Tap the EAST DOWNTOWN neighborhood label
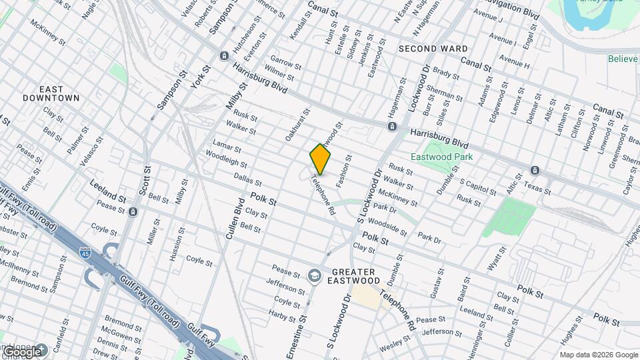[x=60, y=93]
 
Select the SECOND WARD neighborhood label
[x=433, y=49]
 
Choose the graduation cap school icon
[x=314, y=275]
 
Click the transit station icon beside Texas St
[x=534, y=170]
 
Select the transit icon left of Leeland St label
[x=133, y=212]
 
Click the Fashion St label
[x=343, y=171]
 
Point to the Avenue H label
[x=514, y=65]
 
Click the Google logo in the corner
[x=22, y=351]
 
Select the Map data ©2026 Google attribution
[x=598, y=355]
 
